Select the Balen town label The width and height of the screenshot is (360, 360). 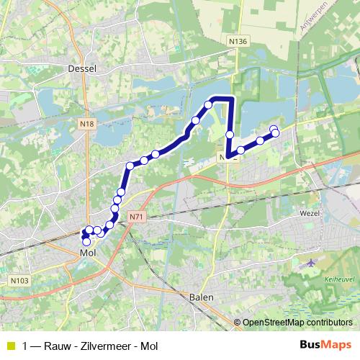tap(202, 297)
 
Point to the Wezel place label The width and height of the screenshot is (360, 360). tap(307, 213)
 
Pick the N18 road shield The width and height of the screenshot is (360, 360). tap(87, 124)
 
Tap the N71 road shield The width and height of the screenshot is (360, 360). tap(137, 215)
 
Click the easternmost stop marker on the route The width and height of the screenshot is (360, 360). tap(274, 132)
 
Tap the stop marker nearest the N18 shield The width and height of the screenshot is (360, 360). tap(130, 166)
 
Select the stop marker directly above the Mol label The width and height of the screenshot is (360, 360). tap(87, 242)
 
